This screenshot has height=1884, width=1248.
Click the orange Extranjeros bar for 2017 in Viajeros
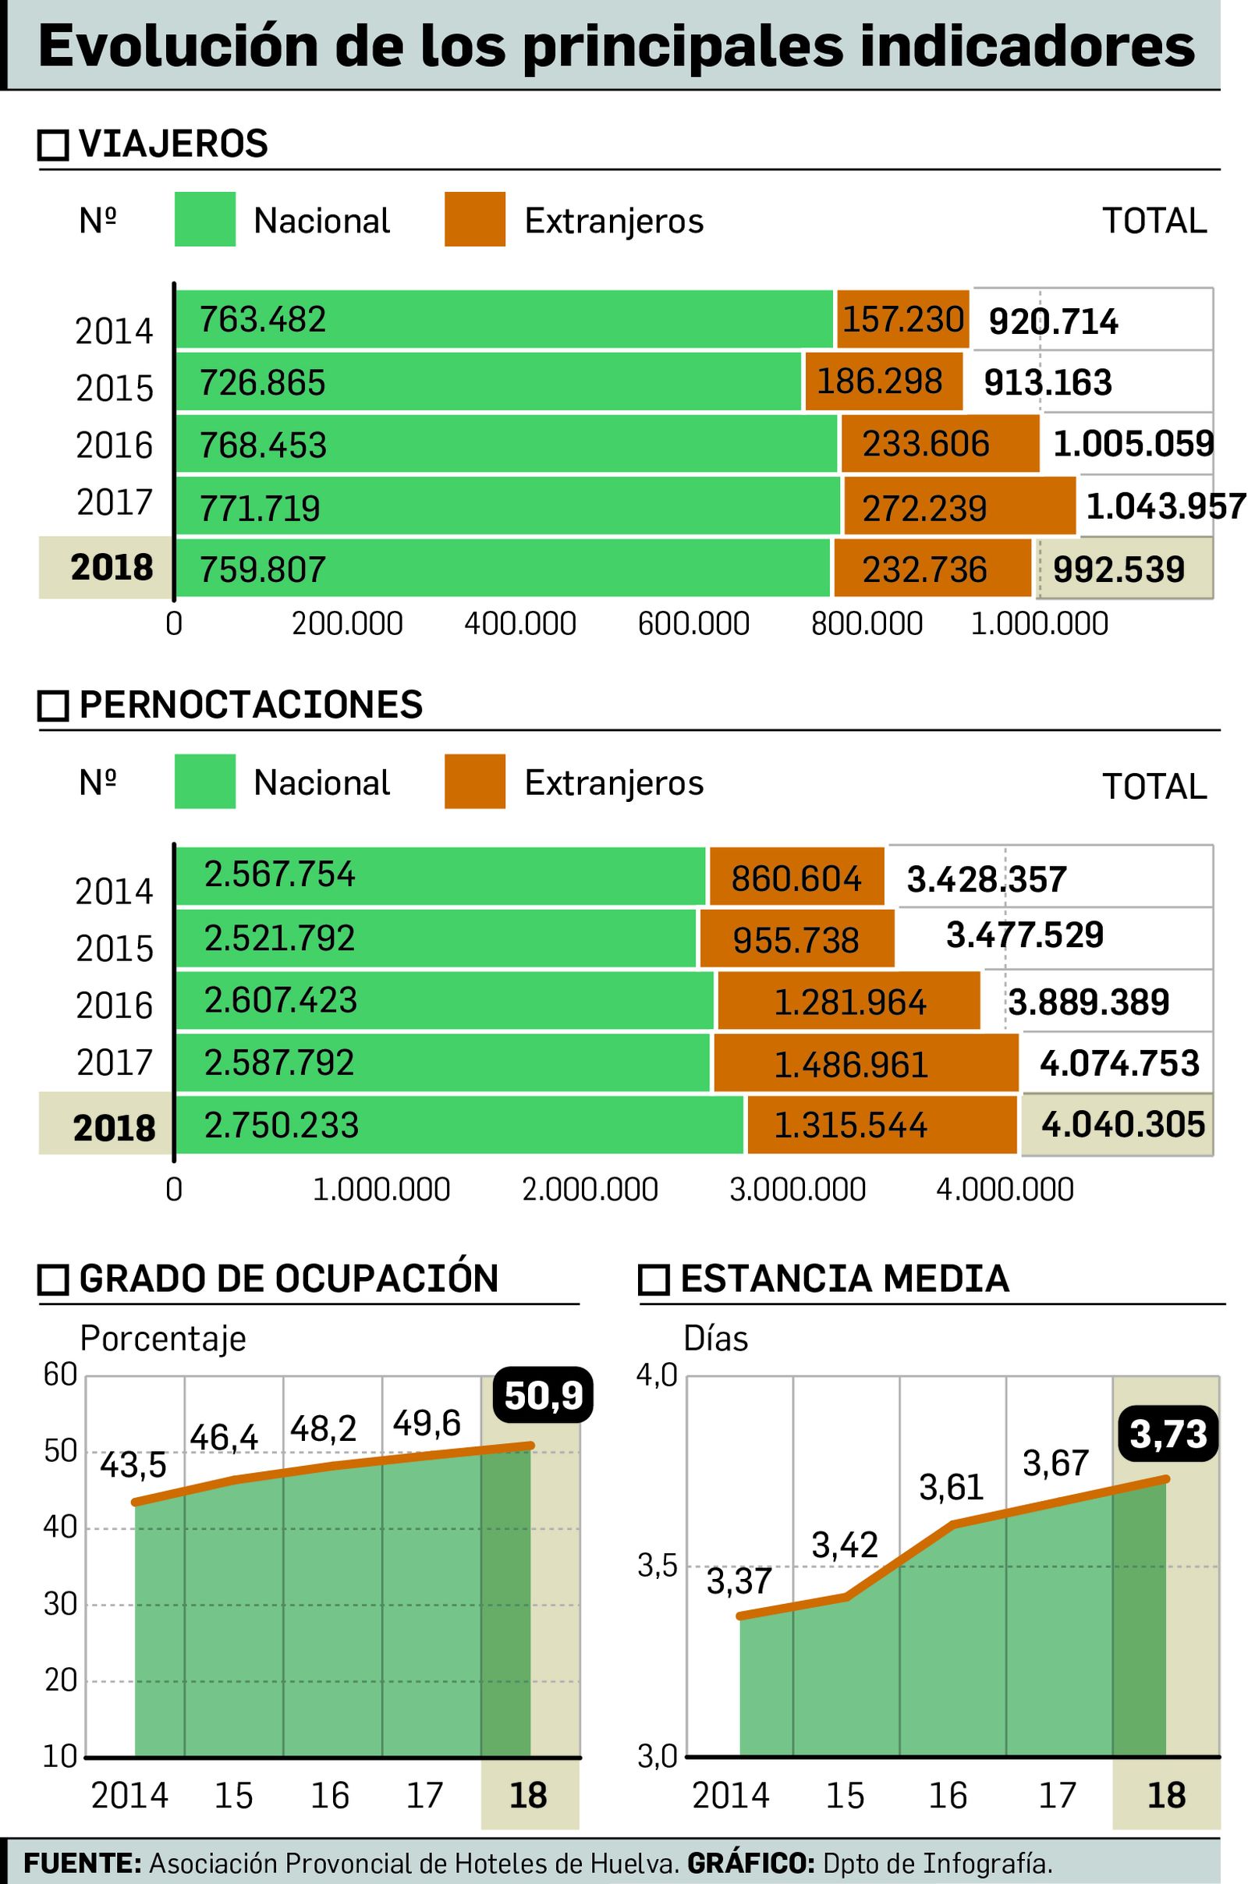point(959,506)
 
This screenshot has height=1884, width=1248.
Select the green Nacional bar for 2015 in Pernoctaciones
point(435,938)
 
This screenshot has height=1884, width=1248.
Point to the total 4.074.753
point(1119,1063)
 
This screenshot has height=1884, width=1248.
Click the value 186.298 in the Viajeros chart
point(880,382)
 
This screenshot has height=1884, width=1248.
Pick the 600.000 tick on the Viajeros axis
point(693,624)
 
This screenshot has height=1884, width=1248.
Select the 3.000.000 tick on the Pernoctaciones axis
point(797,1189)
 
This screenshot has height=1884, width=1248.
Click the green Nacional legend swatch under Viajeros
point(204,219)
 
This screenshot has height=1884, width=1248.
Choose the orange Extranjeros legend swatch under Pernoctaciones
point(474,782)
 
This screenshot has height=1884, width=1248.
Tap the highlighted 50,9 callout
point(544,1396)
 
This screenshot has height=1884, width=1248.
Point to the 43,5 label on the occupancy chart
point(133,1465)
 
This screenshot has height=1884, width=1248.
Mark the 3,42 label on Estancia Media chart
point(845,1545)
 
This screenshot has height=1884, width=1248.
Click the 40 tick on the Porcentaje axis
point(60,1527)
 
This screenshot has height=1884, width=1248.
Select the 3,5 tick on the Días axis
point(658,1566)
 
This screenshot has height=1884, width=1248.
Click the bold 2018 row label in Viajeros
point(112,567)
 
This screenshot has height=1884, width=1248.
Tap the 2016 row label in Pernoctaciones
point(114,1006)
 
